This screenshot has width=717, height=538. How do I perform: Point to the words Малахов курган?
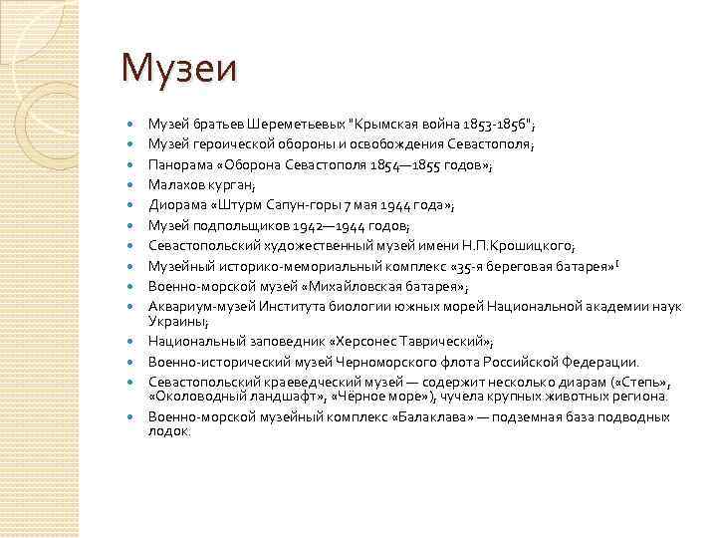[x=201, y=184]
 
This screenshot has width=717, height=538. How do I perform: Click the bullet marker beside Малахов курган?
[x=130, y=185]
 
